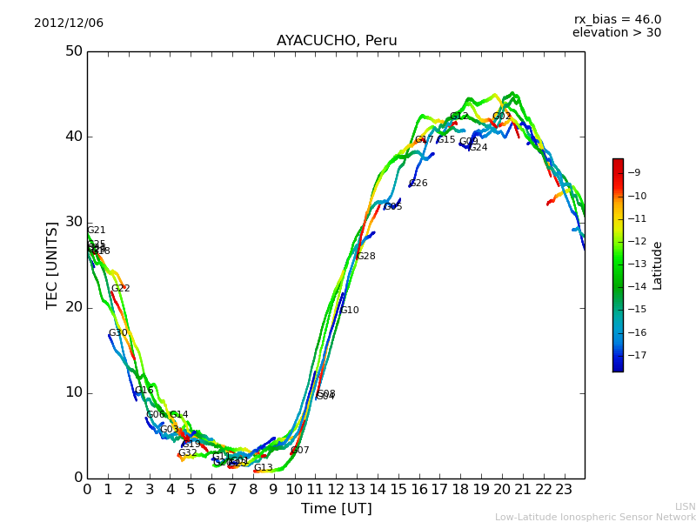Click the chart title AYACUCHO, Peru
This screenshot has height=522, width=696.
coord(337,41)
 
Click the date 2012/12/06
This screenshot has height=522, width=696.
coord(69,23)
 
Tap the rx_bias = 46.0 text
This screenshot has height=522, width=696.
coord(617,19)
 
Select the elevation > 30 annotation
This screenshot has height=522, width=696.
coord(616,33)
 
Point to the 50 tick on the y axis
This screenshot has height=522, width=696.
coord(74,51)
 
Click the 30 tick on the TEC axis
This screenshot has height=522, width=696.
coord(74,222)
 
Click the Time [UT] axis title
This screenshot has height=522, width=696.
coord(336,509)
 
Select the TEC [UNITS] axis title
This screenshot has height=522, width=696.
coord(53,264)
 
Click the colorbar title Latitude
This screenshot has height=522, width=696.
coord(658,265)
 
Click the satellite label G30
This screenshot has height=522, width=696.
coord(117,333)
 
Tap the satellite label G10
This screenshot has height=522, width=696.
coord(349,311)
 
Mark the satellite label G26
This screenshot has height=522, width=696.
coord(418,184)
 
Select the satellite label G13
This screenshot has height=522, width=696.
coord(263,468)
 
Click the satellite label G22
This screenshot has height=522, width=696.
coord(120,289)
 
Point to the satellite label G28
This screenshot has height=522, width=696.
coord(365,257)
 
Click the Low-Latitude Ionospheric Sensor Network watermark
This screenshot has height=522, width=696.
coord(595,517)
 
